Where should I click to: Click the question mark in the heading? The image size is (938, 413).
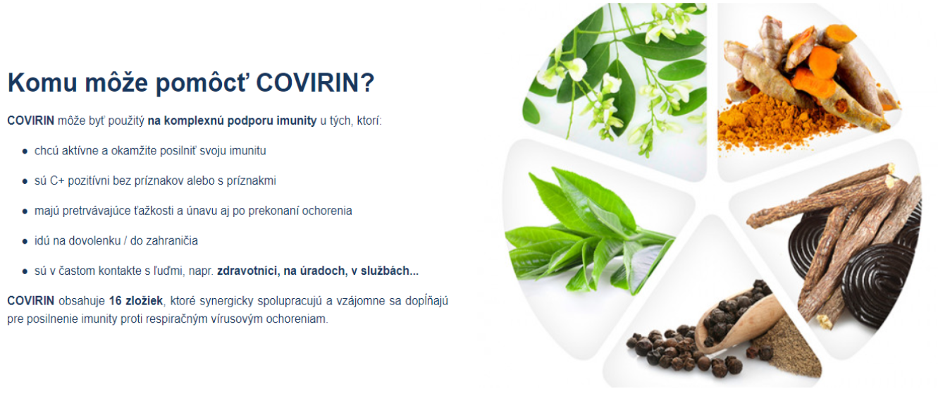tap(367, 82)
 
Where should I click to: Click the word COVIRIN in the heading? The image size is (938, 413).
tap(307, 82)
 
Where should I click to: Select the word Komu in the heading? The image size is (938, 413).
tap(42, 82)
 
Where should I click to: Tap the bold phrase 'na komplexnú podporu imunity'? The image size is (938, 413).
tap(232, 121)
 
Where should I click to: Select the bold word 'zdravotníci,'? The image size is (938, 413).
tap(248, 271)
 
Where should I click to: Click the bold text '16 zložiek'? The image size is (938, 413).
tap(136, 301)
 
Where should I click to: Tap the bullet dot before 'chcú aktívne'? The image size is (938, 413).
tap(25, 152)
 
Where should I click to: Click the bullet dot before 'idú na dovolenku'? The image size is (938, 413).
tap(25, 242)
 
